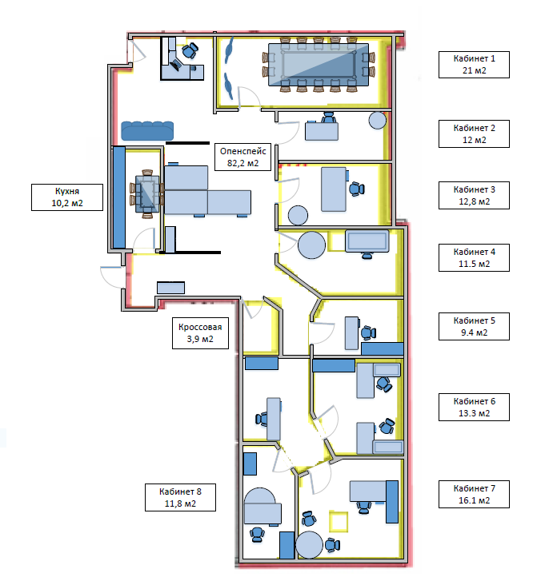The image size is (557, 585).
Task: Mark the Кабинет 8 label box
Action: (x=180, y=497)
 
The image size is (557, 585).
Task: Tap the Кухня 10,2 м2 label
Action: (x=68, y=197)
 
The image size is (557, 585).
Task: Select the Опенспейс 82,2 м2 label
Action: (x=242, y=157)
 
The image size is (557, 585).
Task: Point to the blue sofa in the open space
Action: (x=147, y=129)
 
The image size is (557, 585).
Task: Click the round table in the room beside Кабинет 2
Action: (x=377, y=121)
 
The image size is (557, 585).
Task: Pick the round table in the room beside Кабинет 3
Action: (x=298, y=215)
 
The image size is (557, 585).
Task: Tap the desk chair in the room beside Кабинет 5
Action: (x=367, y=332)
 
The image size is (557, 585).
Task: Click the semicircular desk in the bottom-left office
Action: (x=262, y=507)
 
